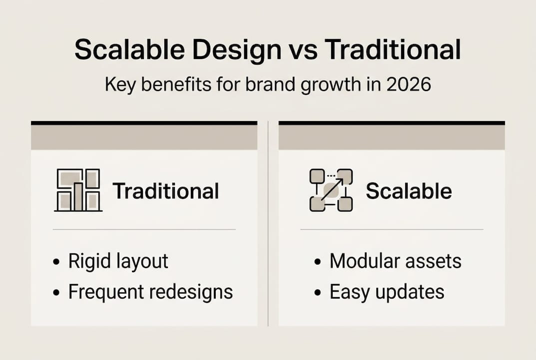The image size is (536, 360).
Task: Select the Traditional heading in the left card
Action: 166,191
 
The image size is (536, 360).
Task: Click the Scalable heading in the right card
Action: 409,191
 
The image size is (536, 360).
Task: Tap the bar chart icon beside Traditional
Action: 78,190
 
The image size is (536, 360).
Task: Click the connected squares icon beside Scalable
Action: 331,190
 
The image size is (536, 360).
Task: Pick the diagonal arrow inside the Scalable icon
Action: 331,190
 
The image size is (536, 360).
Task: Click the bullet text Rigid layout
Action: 118,261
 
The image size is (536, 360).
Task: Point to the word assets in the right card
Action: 434,261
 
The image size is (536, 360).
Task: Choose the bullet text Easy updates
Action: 387,292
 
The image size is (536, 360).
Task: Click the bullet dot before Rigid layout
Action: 56,262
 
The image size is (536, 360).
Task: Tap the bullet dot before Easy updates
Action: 317,293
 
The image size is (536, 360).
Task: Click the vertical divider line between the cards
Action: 268,225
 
